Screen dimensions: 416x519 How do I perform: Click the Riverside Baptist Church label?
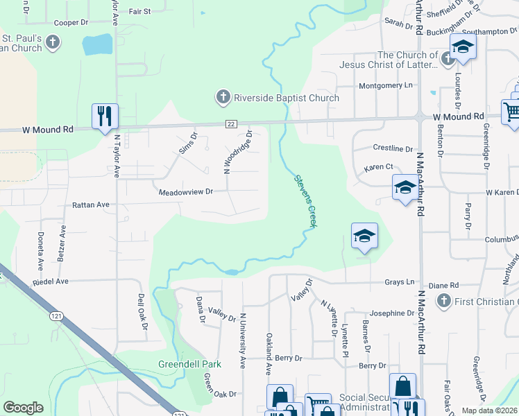point(287,98)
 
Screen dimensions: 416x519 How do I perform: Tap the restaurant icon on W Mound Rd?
point(105,116)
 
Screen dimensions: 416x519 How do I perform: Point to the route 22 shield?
point(231,123)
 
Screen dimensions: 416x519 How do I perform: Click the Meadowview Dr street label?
point(185,191)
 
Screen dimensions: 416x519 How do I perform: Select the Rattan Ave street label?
point(91,205)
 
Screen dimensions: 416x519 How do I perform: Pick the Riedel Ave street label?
point(51,281)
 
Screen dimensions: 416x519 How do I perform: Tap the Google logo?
point(23,408)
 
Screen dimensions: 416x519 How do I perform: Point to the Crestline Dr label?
point(393,148)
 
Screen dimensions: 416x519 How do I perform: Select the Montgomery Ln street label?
point(385,85)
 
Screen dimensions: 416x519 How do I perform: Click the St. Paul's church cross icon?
point(53,44)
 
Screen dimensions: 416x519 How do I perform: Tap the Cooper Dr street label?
point(71,22)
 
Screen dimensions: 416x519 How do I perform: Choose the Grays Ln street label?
point(400,282)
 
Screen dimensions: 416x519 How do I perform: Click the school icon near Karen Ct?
point(405,187)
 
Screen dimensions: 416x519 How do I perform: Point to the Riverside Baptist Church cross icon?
point(223,98)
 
